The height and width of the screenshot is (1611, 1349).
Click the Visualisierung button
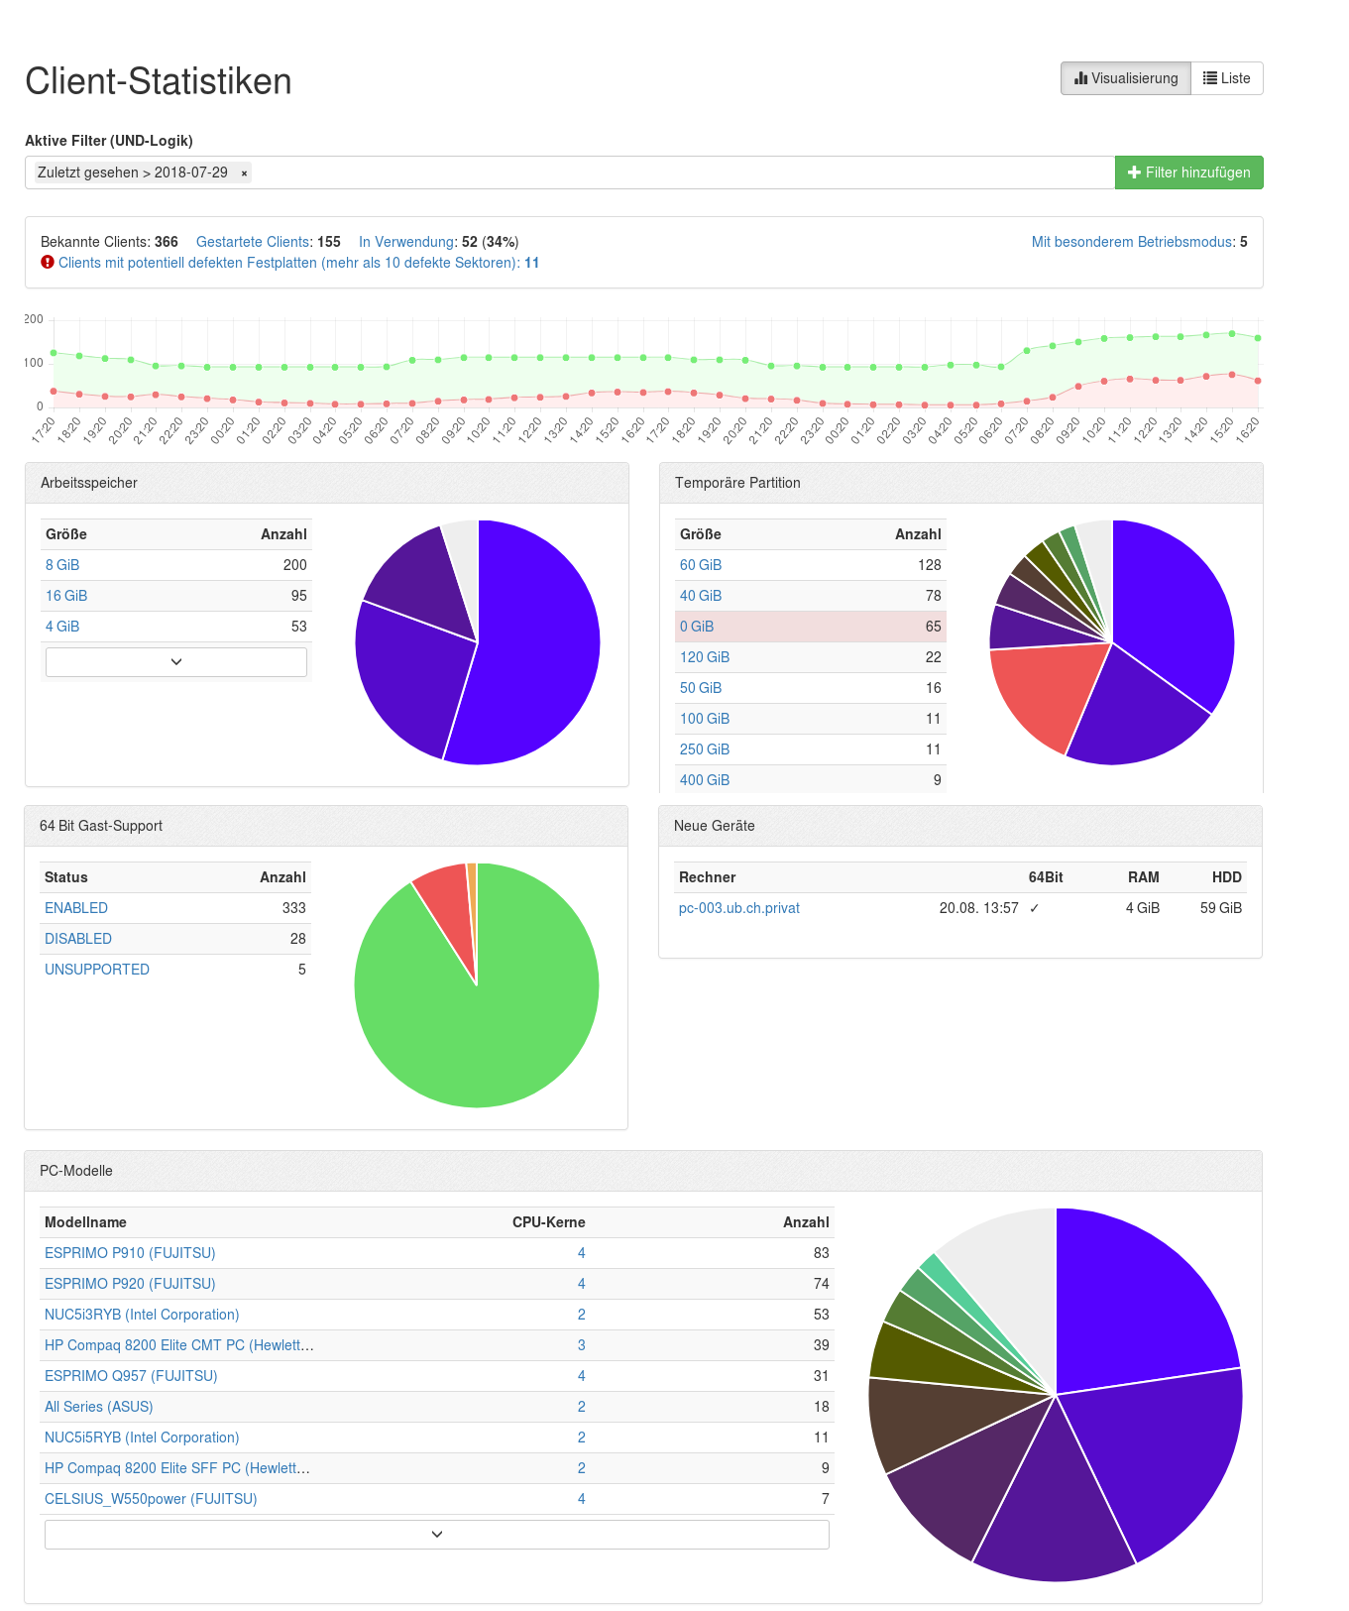pyautogui.click(x=1126, y=78)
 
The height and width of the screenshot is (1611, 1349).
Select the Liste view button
pyautogui.click(x=1227, y=78)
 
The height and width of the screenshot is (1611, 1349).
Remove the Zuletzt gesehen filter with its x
pyautogui.click(x=244, y=173)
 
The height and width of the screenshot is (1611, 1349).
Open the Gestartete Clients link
pyautogui.click(x=253, y=242)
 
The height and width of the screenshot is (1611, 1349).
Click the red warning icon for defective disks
pyautogui.click(x=48, y=263)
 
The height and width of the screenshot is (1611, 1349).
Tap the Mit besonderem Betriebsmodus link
pyautogui.click(x=1133, y=242)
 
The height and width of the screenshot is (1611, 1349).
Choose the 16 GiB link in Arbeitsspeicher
pyautogui.click(x=66, y=596)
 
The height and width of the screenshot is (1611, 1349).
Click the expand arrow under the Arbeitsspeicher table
pyautogui.click(x=176, y=661)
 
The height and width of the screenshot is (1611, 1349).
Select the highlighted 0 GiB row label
pyautogui.click(x=697, y=627)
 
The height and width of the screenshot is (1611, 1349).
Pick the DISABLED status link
pyautogui.click(x=78, y=939)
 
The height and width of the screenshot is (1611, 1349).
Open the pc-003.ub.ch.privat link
pyautogui.click(x=739, y=908)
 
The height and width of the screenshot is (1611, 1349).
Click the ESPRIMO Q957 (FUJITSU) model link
pyautogui.click(x=131, y=1376)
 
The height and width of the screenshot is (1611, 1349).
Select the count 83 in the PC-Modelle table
pyautogui.click(x=821, y=1253)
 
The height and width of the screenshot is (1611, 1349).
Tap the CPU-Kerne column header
pyautogui.click(x=548, y=1222)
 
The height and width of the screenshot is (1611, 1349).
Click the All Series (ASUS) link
pyautogui.click(x=99, y=1407)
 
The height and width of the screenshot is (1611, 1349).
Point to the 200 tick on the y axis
pyautogui.click(x=34, y=319)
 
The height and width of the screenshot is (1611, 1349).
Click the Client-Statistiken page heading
pyautogui.click(x=159, y=81)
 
